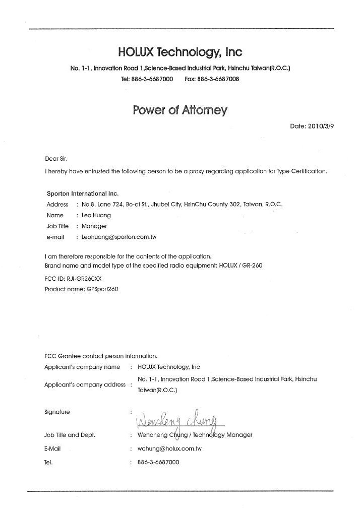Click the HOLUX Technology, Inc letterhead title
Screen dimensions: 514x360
(x=180, y=52)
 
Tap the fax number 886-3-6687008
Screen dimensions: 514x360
(x=219, y=80)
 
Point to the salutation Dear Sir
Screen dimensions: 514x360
(x=56, y=159)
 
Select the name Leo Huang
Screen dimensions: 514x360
(x=96, y=215)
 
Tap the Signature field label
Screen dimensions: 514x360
(x=57, y=412)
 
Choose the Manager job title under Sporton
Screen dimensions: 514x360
(x=94, y=226)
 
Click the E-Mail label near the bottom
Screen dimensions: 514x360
(x=53, y=448)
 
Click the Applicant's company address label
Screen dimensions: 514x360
(x=85, y=384)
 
